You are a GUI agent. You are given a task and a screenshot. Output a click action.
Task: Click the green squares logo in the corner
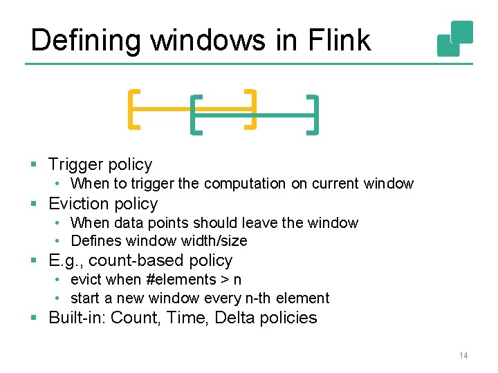coord(455,39)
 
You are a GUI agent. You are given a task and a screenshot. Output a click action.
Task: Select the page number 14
coord(463,356)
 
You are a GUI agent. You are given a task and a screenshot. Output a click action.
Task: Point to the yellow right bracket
coord(252,108)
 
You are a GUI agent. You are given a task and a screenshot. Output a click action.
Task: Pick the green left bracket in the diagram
coord(196,114)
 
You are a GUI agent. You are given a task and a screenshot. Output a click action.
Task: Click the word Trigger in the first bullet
coord(75,164)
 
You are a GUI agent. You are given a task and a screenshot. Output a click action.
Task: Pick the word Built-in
coord(77,318)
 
